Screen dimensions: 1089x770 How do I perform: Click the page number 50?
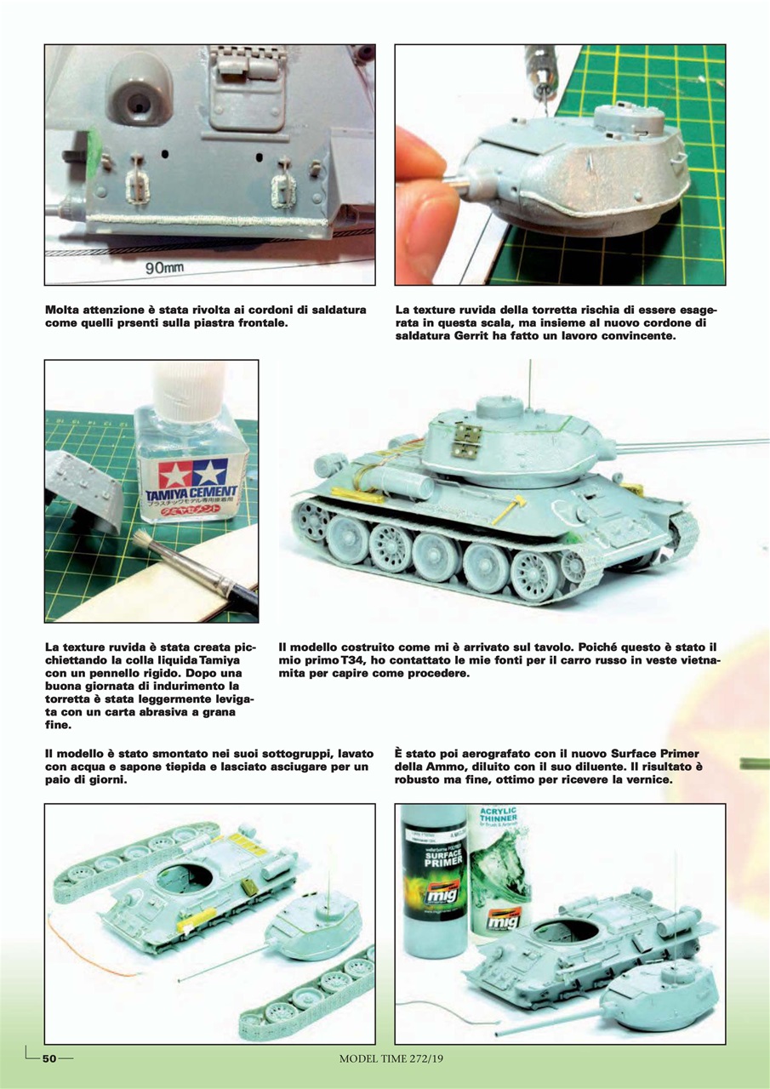[49, 1058]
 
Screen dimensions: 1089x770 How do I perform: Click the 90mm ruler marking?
[163, 269]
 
